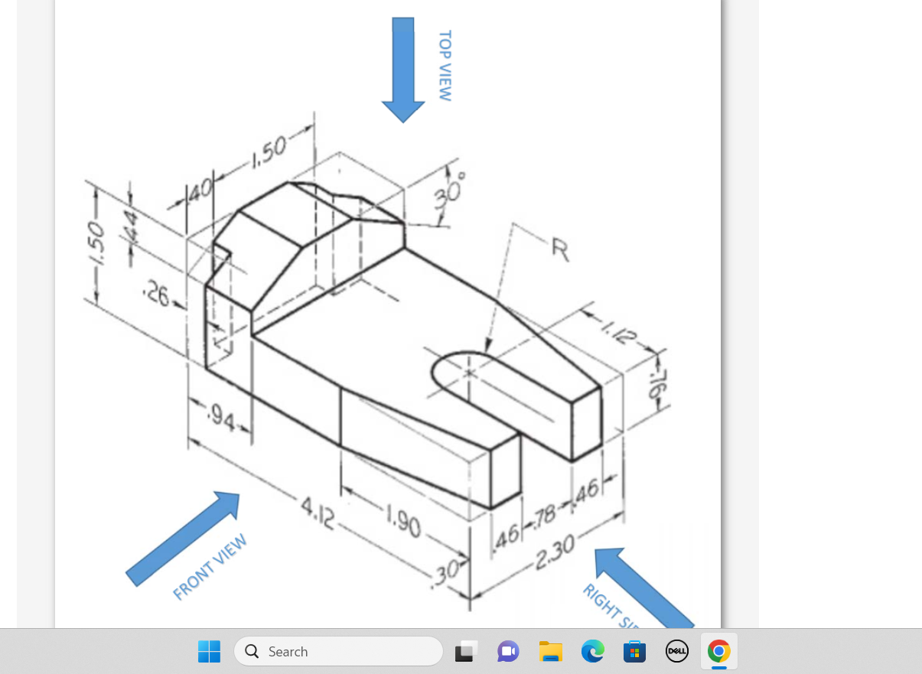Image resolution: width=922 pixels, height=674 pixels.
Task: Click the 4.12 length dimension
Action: pos(318,513)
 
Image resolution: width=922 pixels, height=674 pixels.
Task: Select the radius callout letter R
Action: pos(560,249)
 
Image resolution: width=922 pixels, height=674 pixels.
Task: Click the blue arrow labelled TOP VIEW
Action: pos(403,69)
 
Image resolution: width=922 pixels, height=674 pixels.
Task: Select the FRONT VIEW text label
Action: pos(210,567)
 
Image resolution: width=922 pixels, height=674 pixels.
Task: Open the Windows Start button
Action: pos(209,652)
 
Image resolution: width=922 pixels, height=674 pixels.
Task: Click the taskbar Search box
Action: pos(338,652)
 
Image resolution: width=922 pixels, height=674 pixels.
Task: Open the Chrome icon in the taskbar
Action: pos(718,652)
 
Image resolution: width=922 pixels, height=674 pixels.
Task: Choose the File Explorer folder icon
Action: pos(551,652)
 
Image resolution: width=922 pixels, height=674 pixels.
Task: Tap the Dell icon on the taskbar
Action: pos(676,652)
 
